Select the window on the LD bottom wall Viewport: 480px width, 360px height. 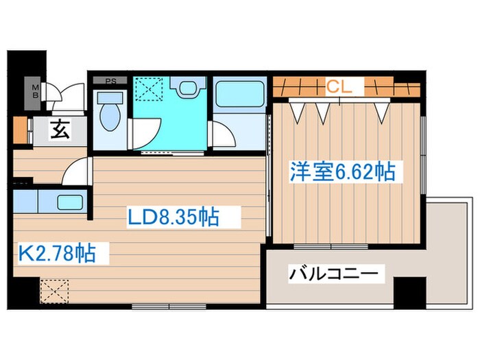pyautogui.click(x=160, y=306)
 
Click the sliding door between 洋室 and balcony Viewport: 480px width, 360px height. pyautogui.click(x=332, y=245)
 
